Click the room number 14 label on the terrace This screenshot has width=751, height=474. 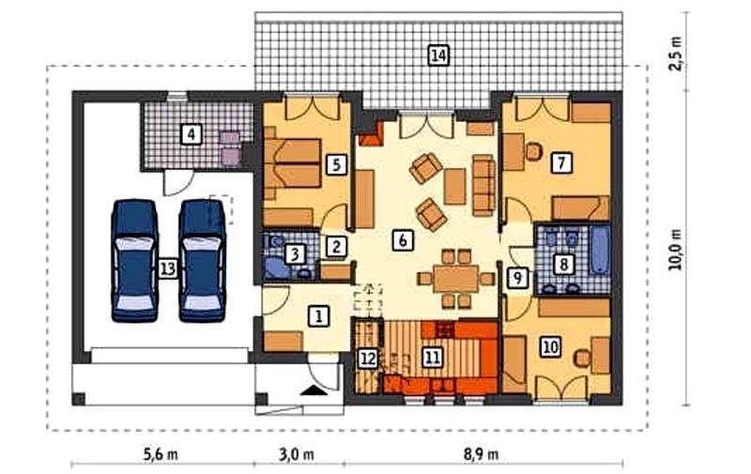point(438,55)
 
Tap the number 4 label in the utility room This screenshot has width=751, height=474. point(192,134)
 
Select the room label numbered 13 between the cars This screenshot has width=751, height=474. point(168,268)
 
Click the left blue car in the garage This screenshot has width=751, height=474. point(134,260)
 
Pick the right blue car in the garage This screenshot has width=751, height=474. point(202,260)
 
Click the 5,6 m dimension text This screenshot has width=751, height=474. point(161,454)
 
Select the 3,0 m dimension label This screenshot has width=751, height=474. point(297,454)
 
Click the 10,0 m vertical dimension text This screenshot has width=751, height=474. point(676,249)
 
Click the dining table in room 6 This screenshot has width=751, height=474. point(456,279)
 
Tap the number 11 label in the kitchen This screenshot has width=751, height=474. point(432,357)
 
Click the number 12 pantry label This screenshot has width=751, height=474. point(368,359)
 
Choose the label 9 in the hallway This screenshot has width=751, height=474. point(517,277)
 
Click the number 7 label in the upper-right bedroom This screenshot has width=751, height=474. point(561,162)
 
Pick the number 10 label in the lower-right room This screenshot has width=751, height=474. point(551,346)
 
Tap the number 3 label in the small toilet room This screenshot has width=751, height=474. point(295,253)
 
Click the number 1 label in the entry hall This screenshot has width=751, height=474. point(319,315)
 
